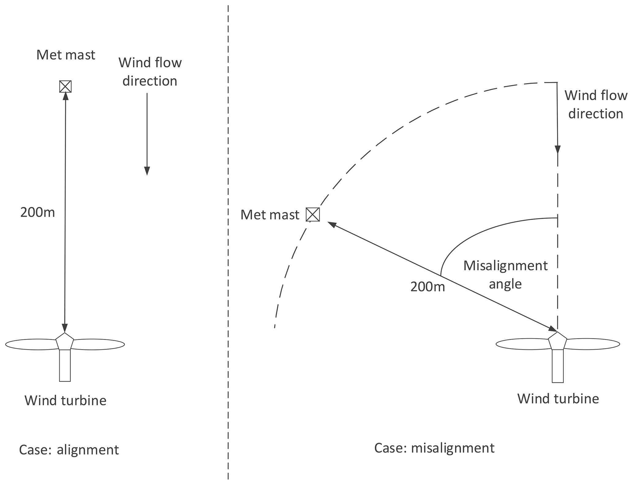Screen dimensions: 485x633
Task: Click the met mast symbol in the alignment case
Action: point(65,86)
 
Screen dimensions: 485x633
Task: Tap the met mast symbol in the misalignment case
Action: point(313,215)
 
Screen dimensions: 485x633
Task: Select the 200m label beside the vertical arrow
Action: point(37,212)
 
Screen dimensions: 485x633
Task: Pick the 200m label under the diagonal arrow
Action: point(427,287)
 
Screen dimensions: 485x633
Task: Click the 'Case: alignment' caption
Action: point(69,450)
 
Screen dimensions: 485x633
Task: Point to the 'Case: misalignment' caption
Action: point(434,448)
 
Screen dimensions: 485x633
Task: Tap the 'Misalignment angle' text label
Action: point(505,274)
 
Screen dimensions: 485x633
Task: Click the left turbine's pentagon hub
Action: point(65,342)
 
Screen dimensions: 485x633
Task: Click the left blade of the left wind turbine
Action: point(31,344)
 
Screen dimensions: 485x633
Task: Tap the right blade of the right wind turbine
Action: point(593,344)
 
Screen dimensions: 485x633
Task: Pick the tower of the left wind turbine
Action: point(65,365)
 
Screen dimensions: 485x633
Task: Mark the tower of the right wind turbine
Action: point(557,366)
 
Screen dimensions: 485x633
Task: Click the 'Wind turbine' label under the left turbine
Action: point(66,400)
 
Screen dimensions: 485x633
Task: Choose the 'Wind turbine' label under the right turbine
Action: point(558,399)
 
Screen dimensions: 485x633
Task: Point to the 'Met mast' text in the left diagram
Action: point(66,55)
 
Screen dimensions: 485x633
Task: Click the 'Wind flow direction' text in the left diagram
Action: point(150,72)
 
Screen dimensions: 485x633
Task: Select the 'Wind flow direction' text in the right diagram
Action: point(596,104)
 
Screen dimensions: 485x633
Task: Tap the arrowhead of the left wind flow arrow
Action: point(147,171)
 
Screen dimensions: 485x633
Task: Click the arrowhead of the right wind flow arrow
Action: point(557,149)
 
